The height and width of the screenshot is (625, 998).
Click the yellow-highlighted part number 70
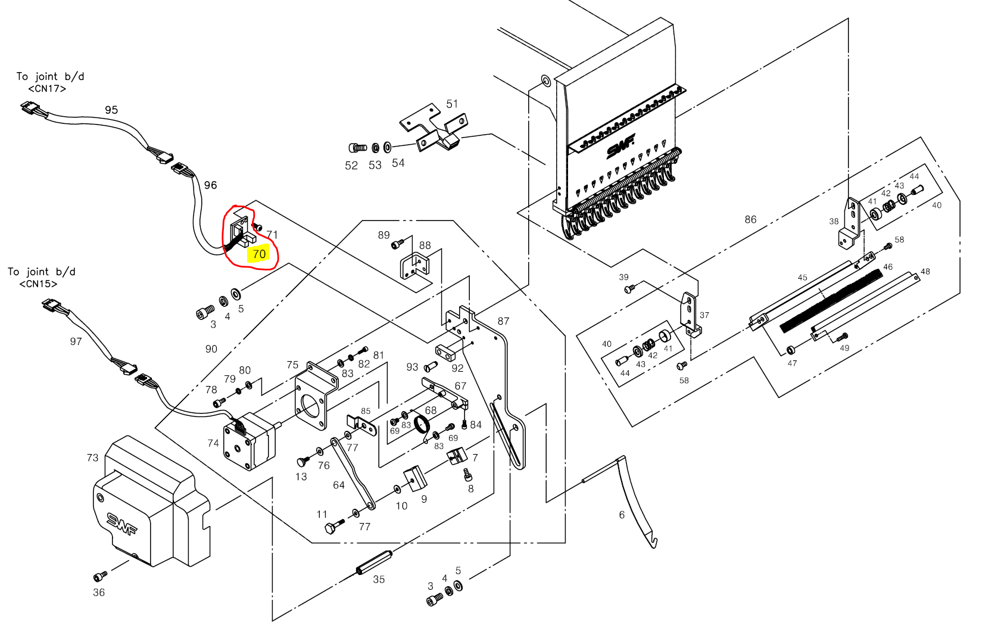coord(259,254)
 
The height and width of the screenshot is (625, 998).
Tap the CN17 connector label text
coord(47,89)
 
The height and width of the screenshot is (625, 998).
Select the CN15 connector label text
coord(38,284)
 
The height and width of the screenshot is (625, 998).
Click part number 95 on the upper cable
coord(111,110)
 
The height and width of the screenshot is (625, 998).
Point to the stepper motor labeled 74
coord(249,441)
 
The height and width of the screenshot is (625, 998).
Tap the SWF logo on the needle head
coord(620,146)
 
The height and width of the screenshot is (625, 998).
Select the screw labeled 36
coord(100,576)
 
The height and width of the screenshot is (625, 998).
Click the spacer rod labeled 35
coord(374,562)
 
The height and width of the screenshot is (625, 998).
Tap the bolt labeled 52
coord(357,147)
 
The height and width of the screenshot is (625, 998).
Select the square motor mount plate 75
coord(316,396)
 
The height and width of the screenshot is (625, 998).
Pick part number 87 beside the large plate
coord(503,321)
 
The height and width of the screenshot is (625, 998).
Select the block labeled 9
coord(415,478)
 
